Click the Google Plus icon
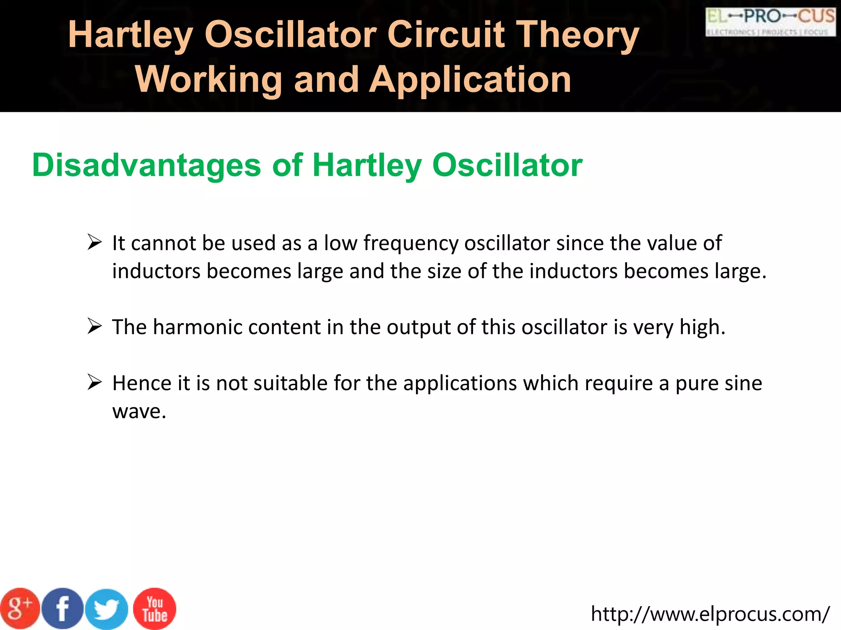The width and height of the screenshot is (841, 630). (x=19, y=609)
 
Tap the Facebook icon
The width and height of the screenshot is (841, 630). (x=62, y=609)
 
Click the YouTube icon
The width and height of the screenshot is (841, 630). (x=155, y=609)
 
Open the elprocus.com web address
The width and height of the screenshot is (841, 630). (x=710, y=614)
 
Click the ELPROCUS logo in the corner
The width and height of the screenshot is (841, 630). (x=770, y=22)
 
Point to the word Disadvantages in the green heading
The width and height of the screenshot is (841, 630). (x=147, y=165)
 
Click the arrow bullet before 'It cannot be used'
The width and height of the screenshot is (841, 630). (x=94, y=242)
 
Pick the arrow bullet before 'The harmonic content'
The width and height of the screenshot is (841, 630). (x=94, y=327)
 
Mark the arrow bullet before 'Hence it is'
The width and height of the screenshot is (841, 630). (x=94, y=383)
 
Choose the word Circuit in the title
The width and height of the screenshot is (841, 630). (x=446, y=35)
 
